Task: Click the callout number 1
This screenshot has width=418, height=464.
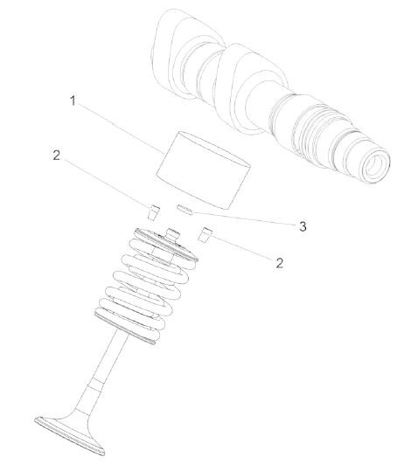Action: (73, 100)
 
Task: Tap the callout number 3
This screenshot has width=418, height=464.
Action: (303, 226)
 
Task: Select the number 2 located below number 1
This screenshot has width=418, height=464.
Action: (56, 155)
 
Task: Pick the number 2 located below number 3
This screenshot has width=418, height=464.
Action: (279, 263)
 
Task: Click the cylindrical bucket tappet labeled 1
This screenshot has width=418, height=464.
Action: (203, 170)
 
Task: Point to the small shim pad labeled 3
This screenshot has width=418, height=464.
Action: (185, 210)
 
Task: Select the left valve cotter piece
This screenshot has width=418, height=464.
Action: (153, 212)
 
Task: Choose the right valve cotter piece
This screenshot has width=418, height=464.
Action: (205, 235)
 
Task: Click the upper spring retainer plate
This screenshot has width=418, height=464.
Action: (166, 245)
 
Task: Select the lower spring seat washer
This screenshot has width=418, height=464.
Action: (125, 327)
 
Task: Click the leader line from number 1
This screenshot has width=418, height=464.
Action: (122, 128)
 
